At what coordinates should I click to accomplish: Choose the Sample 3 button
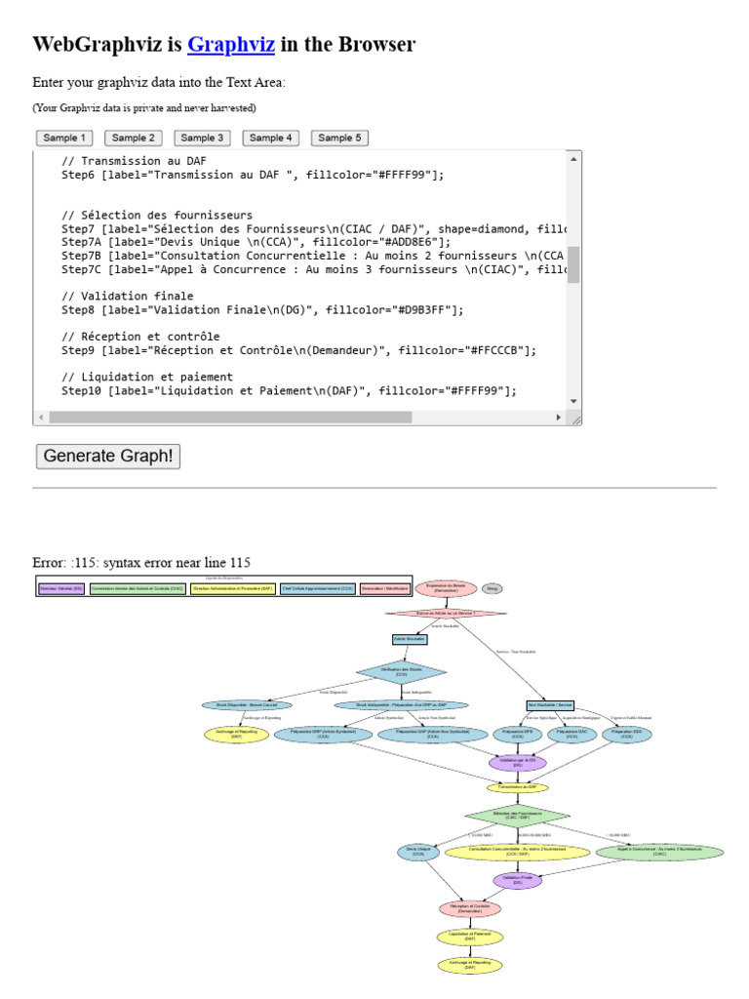click(203, 138)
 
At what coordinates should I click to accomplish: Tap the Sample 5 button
click(339, 138)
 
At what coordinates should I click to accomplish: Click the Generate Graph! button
click(108, 456)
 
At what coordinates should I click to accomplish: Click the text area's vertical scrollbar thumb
click(573, 264)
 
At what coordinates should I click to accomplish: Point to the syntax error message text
click(142, 562)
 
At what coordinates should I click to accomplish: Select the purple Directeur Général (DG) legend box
click(60, 589)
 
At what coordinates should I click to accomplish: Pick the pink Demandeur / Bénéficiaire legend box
click(384, 589)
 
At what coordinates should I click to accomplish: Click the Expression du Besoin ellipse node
click(446, 588)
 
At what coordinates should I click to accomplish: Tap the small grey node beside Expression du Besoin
click(493, 588)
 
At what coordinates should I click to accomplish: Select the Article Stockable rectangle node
click(410, 639)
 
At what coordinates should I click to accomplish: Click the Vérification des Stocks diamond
click(402, 671)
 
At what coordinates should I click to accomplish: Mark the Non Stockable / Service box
click(550, 704)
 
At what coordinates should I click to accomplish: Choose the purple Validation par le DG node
click(517, 762)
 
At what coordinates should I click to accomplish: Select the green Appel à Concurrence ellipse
click(659, 851)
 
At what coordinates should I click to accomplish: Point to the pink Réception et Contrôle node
click(470, 908)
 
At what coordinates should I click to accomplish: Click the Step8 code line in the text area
click(263, 309)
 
